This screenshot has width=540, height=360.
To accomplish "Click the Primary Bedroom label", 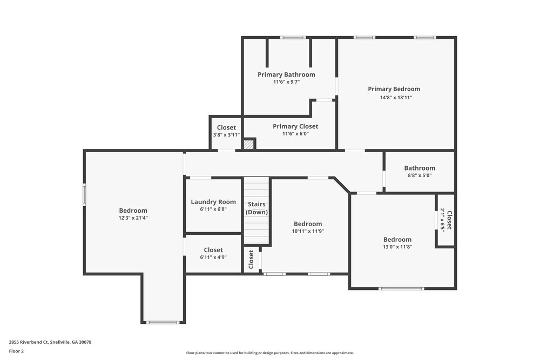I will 394,89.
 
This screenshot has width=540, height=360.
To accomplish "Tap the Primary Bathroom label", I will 286,74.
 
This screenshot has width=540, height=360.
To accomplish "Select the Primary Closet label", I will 295,126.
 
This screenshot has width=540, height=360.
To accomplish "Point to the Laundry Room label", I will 213,202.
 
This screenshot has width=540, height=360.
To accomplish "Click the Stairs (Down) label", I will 256,208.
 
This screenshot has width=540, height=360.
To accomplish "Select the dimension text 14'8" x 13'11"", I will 394,98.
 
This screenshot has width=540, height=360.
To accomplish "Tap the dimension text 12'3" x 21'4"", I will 133,218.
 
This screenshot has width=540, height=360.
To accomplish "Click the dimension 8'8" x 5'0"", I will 419,175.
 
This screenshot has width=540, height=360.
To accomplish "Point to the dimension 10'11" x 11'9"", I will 308,232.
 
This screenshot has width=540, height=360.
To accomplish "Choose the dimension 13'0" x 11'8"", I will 397,247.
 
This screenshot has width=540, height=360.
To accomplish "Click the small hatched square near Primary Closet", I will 248,144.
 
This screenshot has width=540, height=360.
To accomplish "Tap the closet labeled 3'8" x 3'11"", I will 226,131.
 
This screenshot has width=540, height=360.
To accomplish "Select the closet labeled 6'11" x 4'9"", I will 213,253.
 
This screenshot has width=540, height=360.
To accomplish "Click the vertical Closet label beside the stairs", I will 251,260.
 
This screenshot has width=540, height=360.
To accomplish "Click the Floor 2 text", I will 16,351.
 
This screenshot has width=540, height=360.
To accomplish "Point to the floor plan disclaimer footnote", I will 269,352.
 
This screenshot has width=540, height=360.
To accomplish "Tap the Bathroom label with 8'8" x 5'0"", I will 419,168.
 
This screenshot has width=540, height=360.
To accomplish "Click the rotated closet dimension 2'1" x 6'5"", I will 442,220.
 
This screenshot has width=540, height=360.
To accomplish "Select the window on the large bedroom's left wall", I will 84,195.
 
